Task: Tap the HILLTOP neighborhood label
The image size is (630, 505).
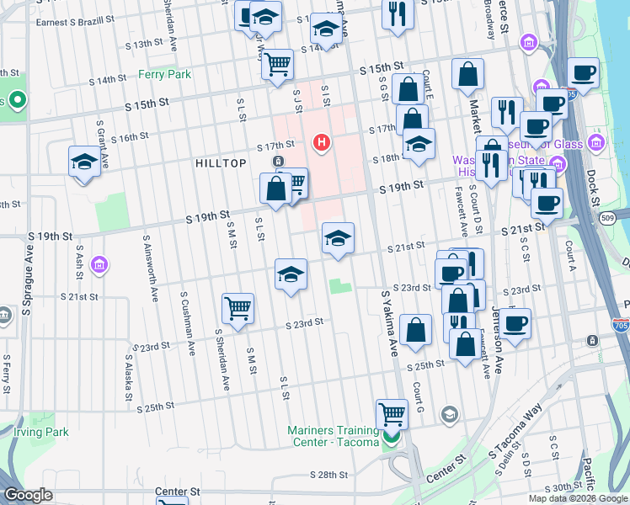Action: click(221, 162)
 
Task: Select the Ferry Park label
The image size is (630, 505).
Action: click(165, 74)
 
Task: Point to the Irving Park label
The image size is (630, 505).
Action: click(40, 432)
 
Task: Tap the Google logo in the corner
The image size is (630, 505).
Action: click(27, 495)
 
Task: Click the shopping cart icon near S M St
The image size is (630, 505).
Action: click(238, 307)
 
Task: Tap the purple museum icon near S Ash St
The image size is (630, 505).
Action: click(99, 266)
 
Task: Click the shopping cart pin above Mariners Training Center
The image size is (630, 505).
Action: click(391, 414)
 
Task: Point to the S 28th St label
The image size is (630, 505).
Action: click(328, 476)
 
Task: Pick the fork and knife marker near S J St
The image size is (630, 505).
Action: click(397, 13)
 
